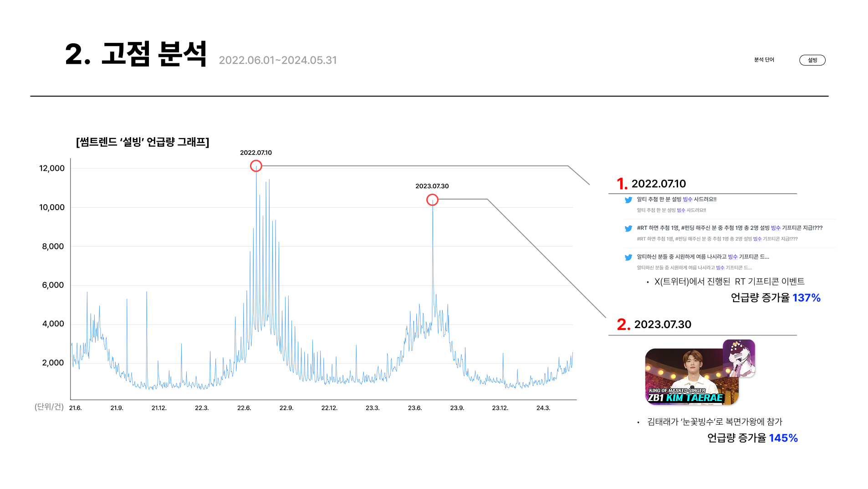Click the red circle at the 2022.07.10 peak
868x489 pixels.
(256, 166)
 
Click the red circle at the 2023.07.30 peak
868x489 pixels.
(432, 200)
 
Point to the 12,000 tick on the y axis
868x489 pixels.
(52, 168)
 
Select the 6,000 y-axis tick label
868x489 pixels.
(53, 285)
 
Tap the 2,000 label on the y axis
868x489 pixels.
(53, 363)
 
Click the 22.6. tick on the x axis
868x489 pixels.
(244, 408)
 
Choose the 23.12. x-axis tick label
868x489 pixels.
(500, 408)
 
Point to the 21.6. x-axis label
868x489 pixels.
(76, 408)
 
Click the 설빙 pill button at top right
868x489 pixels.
(812, 60)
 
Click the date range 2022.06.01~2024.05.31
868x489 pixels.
(278, 60)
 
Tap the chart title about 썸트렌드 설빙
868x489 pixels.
(143, 142)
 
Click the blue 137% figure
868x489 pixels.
(806, 298)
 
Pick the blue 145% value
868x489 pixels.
(783, 438)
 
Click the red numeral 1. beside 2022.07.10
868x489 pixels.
(622, 184)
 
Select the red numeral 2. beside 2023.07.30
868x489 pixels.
(623, 324)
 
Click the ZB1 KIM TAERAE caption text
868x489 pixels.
(685, 398)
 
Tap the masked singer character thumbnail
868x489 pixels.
(739, 358)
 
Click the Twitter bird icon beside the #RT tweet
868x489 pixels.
(628, 228)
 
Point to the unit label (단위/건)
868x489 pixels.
(49, 407)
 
